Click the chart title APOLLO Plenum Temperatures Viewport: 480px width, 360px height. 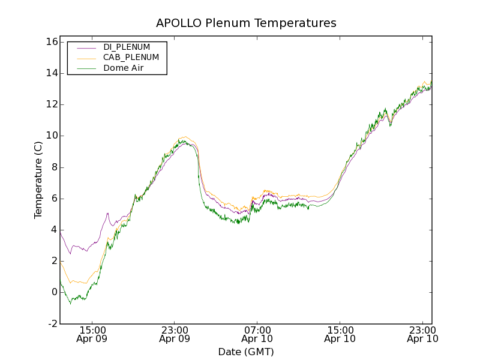[246, 23]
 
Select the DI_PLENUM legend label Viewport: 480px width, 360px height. [127, 47]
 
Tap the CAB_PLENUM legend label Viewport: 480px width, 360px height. [131, 58]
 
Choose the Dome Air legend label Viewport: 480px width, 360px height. [124, 68]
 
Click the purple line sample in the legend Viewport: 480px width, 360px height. [86, 47]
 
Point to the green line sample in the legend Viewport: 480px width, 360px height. [86, 68]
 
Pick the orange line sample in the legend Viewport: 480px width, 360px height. [86, 58]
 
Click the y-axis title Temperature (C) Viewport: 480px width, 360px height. [38, 180]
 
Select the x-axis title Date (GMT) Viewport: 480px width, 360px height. [246, 352]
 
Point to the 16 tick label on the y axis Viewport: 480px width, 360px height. [50, 42]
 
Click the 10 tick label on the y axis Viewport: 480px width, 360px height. [50, 136]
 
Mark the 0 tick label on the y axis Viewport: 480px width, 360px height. [53, 292]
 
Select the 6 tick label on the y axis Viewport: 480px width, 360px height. [53, 199]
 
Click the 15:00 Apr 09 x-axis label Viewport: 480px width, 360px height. [92, 334]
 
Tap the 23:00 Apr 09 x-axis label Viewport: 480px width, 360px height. [175, 334]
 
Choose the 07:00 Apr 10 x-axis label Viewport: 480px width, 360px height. [257, 334]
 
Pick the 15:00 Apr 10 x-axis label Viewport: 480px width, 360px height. [340, 334]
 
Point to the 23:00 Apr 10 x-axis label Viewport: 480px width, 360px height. [422, 334]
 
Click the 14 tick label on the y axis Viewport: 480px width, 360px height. [50, 73]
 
